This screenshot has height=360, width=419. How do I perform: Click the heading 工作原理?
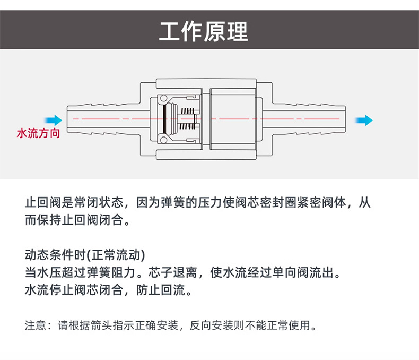204,31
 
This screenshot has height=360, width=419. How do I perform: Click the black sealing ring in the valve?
167,119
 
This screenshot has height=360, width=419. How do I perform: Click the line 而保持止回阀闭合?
77,220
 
